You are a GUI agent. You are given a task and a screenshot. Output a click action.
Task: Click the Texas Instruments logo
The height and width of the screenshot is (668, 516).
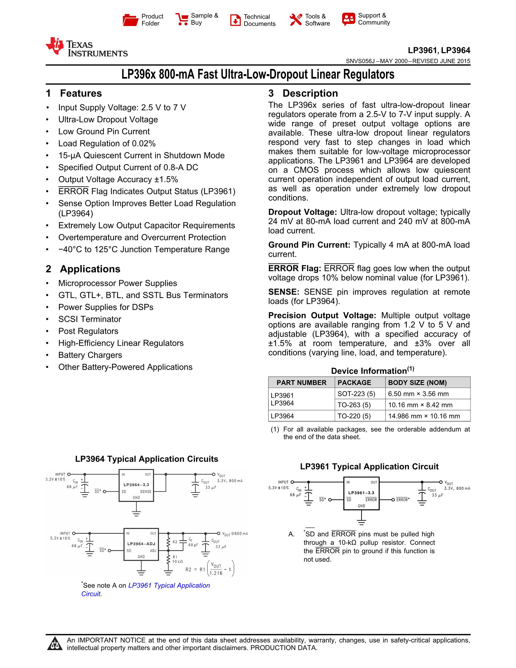[86, 48]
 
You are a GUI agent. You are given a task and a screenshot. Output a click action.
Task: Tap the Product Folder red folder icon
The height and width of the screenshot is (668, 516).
[131, 20]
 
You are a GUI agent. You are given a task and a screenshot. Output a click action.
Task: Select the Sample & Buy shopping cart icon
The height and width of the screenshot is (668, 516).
[182, 19]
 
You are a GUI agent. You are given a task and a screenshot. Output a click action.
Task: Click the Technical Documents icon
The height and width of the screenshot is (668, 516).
[235, 20]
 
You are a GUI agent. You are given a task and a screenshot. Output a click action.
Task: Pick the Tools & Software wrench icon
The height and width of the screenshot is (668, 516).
[295, 20]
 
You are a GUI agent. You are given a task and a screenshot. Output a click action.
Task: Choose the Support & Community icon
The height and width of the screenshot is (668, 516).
[349, 19]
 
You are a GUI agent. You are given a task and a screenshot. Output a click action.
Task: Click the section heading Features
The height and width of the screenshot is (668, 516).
[81, 93]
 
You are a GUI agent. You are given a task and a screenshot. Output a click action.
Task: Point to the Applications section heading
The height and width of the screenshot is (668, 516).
[90, 269]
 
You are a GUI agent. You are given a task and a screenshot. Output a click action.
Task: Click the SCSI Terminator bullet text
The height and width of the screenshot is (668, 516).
[89, 319]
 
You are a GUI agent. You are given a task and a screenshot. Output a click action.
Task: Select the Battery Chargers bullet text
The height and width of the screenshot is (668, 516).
[90, 355]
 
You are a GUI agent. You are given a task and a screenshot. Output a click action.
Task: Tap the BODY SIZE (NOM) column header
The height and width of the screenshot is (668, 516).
[417, 383]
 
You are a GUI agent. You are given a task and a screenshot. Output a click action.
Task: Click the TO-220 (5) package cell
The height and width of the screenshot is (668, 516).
[354, 416]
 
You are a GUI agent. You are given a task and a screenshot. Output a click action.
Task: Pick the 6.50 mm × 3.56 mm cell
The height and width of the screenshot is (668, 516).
[418, 394]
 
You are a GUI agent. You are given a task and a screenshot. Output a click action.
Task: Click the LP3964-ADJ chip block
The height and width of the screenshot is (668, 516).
[141, 544]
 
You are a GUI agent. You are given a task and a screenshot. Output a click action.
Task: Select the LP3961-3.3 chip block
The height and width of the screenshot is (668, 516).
[361, 493]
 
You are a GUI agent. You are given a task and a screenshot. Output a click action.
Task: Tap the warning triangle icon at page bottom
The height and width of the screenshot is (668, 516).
[55, 644]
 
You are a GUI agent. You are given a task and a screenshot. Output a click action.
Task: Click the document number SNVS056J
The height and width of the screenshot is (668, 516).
[360, 61]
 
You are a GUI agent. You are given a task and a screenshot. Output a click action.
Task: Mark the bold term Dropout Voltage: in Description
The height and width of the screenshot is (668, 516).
[302, 212]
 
